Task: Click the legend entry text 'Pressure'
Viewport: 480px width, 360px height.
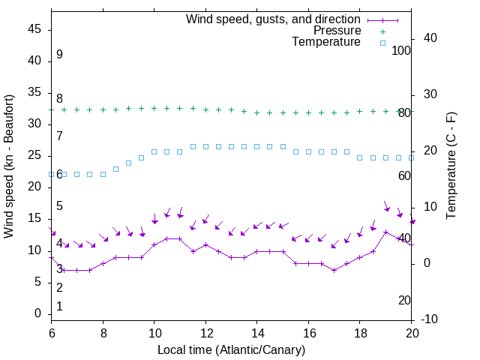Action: pos(337,31)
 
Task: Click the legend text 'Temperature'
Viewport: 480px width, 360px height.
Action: pos(326,43)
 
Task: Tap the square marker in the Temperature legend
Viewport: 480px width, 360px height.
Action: pos(382,43)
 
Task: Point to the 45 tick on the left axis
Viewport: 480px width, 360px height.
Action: pos(34,30)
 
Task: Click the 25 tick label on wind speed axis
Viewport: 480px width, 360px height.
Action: pos(34,156)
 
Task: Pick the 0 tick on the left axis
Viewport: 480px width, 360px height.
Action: pos(38,313)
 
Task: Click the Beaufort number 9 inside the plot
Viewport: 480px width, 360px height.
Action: pos(59,55)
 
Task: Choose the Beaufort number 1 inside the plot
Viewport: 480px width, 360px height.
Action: pos(59,306)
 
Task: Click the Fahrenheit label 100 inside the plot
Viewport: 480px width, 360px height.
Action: pos(402,51)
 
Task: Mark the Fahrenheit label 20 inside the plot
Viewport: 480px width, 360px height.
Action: pos(404,300)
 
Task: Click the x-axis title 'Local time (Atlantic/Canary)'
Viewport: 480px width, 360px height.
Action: pos(231,349)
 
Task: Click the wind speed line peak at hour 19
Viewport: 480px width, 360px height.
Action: pos(385,232)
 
